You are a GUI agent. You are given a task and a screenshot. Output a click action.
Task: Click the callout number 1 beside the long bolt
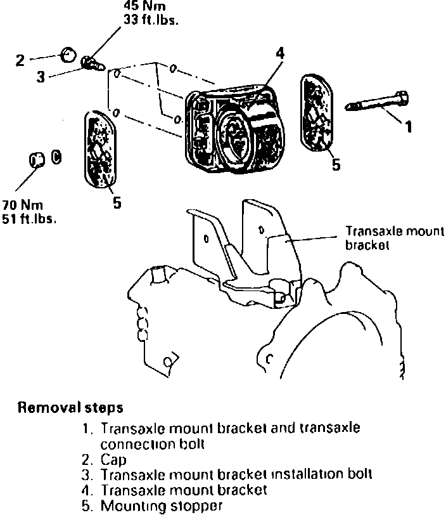(x=409, y=127)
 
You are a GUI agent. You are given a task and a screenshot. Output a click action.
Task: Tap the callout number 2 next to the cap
(x=21, y=61)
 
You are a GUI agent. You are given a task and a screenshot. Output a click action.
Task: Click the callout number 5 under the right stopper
(x=336, y=166)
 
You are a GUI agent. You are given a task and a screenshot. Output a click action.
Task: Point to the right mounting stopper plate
(x=318, y=114)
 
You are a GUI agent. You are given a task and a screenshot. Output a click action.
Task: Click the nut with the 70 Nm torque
(x=36, y=160)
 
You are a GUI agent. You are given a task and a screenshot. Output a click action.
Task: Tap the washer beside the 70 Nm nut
(x=56, y=157)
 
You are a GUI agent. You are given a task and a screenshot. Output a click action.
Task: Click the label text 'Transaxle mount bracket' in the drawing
(x=395, y=237)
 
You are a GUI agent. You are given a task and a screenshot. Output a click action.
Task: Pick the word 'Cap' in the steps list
(x=113, y=459)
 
